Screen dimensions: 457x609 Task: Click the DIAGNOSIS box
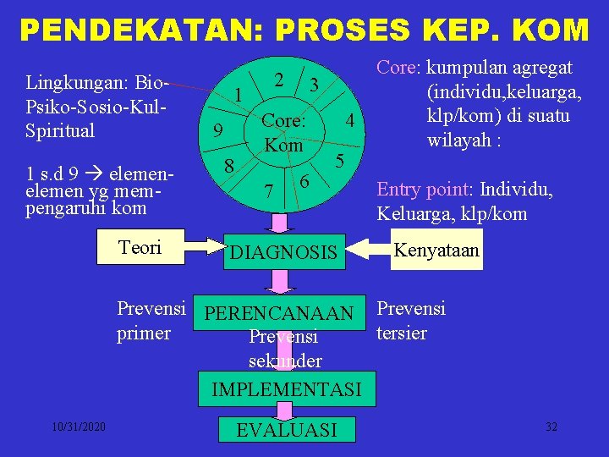pos(284,251)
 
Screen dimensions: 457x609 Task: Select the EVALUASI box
pos(286,430)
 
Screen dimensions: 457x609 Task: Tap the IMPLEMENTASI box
pos(285,389)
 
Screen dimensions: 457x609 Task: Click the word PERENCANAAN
pos(280,314)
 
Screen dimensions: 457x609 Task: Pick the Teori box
pos(140,246)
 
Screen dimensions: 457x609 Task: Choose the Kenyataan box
pos(437,251)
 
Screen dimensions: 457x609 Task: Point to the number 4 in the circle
pos(348,123)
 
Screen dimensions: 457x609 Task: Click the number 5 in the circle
pos(339,160)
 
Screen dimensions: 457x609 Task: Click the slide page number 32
pos(551,427)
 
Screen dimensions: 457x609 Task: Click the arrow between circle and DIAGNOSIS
pos(277,222)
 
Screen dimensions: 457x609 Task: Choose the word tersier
pos(402,333)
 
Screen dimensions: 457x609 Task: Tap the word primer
pos(144,333)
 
